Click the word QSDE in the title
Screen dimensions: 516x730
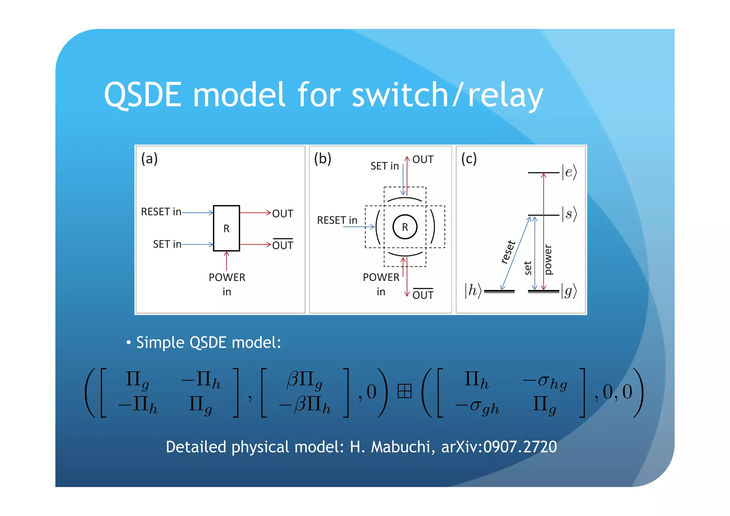(143, 94)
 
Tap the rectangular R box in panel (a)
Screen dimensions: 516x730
(226, 228)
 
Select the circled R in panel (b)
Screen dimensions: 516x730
(405, 227)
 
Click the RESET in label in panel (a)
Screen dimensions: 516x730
(161, 212)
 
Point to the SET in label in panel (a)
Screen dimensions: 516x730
(167, 244)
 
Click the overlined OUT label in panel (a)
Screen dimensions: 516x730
(283, 245)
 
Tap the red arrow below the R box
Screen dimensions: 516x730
(226, 260)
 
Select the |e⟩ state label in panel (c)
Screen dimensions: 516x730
(569, 172)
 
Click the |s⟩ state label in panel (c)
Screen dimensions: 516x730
(569, 214)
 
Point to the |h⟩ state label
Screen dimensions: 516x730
(473, 291)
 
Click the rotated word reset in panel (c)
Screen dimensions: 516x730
(508, 252)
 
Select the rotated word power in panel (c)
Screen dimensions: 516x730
(548, 260)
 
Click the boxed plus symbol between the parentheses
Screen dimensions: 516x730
(404, 391)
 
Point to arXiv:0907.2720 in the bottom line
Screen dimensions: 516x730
(499, 447)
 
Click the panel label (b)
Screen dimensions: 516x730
(323, 158)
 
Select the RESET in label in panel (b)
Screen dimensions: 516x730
(337, 220)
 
